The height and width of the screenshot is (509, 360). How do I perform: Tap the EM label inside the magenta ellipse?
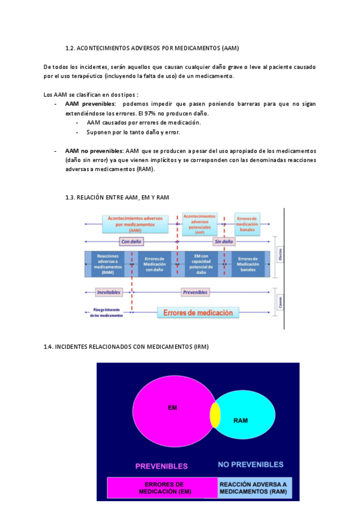pyautogui.click(x=172, y=408)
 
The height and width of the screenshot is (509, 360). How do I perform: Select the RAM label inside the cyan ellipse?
pyautogui.click(x=240, y=420)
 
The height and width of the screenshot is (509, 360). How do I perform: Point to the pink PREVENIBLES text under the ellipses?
pyautogui.click(x=161, y=466)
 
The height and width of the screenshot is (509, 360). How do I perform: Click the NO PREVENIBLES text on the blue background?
pyautogui.click(x=250, y=465)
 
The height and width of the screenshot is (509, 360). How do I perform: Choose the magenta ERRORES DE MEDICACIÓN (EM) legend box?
pyautogui.click(x=162, y=488)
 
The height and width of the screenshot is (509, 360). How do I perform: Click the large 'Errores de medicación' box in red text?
pyautogui.click(x=198, y=313)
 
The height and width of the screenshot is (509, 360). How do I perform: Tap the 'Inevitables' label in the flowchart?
pyautogui.click(x=109, y=292)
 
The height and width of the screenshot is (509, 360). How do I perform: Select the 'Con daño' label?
pyautogui.click(x=133, y=242)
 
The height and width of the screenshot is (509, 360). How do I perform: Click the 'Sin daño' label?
pyautogui.click(x=224, y=242)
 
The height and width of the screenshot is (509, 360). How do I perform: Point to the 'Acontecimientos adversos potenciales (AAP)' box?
pyautogui.click(x=199, y=223)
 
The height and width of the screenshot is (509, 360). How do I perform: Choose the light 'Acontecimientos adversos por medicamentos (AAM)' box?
pyautogui.click(x=135, y=223)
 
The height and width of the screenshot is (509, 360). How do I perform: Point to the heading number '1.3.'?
pyautogui.click(x=71, y=197)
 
